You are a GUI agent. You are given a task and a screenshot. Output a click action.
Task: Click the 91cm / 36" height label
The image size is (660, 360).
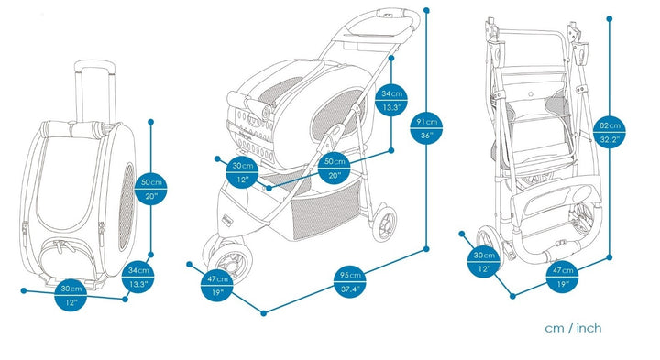427,128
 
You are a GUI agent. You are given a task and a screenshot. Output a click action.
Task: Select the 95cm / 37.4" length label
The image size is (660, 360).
350,282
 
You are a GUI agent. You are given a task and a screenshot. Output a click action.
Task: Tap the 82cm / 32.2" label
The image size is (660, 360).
610,133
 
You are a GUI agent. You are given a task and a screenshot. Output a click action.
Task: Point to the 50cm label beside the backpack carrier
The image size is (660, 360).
151,189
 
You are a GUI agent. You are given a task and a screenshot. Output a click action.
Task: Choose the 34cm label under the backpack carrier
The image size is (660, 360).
138,277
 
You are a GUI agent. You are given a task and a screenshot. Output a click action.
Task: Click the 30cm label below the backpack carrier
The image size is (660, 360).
71,295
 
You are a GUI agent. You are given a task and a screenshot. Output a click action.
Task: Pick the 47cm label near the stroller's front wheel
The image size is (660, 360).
217,285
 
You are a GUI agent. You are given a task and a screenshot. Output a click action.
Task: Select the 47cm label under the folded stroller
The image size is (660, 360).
562,277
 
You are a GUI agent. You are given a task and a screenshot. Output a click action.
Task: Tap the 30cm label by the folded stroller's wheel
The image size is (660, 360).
484,262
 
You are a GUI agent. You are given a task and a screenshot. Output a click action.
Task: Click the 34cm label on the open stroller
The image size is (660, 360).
392,100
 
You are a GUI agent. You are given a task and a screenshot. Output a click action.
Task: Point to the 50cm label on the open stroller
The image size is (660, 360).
335,168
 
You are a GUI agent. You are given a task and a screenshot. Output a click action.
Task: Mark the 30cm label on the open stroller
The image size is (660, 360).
242,172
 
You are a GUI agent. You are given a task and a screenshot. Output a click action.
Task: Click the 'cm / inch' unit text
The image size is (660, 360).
573,328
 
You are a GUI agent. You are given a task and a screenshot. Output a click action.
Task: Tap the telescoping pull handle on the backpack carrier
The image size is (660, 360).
94,91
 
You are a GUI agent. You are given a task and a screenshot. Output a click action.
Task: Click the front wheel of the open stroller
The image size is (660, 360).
231,260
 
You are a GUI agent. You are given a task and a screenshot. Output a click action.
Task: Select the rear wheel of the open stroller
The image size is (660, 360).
385,222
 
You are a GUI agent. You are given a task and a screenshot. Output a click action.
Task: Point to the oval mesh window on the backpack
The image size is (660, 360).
126,206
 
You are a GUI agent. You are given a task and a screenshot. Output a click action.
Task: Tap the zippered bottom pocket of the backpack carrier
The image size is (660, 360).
71,257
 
